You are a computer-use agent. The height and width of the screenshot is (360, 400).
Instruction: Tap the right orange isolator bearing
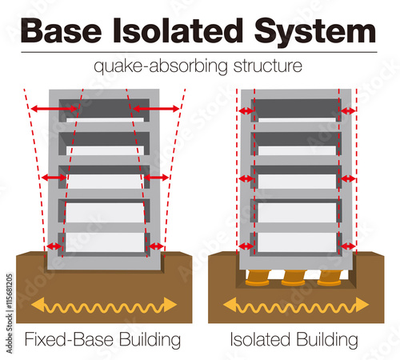point(330,278)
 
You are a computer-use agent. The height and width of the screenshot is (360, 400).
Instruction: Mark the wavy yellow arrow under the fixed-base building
point(103,305)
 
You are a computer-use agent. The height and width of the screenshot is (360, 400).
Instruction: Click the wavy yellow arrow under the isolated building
point(295,305)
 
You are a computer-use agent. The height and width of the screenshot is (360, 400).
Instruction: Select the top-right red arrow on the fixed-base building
point(156,108)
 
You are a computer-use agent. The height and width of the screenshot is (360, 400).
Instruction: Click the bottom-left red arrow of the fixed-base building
point(54,246)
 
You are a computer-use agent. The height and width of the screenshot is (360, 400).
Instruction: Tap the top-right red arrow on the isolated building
point(348,110)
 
